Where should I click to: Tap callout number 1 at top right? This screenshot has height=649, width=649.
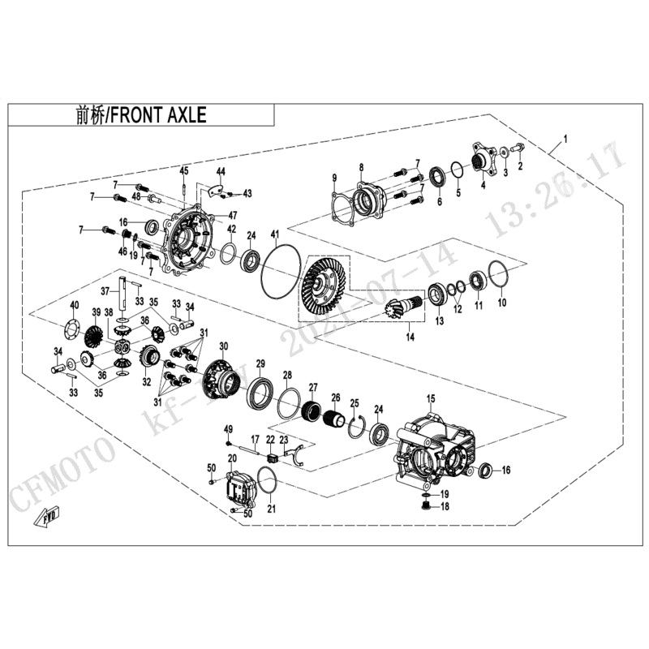tap(565, 140)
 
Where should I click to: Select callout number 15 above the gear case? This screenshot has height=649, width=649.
tap(431, 398)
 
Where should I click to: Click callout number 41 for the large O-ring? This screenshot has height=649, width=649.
tap(274, 234)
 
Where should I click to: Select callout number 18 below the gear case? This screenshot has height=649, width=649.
tap(445, 508)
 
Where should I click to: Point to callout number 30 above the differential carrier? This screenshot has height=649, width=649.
tap(224, 346)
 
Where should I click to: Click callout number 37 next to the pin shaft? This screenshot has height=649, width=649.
tap(105, 291)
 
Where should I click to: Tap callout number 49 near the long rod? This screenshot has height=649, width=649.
tap(229, 428)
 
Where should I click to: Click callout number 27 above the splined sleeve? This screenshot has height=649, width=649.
tap(313, 387)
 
